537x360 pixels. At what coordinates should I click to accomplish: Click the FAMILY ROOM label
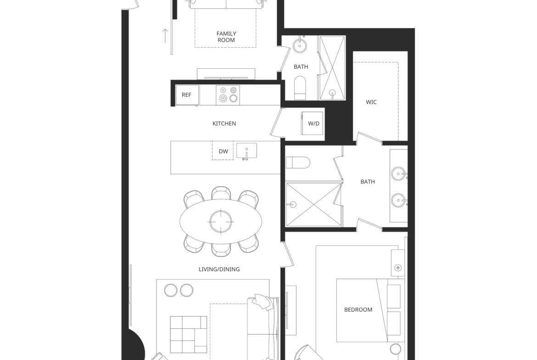[226, 37]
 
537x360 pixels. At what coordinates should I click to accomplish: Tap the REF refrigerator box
[187, 95]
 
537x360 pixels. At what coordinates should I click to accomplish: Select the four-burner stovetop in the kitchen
[228, 95]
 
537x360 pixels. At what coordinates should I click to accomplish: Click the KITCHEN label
[224, 123]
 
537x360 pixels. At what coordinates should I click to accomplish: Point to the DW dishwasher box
[223, 151]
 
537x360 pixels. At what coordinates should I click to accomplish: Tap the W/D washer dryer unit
[312, 123]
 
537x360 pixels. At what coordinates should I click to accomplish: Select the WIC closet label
[371, 102]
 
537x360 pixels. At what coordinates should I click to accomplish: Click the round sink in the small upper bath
[300, 45]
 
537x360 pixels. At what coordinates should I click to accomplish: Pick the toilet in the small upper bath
[300, 88]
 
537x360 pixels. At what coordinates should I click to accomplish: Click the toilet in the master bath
[298, 162]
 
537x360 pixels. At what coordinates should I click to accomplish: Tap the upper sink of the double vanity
[399, 174]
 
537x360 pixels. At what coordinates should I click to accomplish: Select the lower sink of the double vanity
[399, 200]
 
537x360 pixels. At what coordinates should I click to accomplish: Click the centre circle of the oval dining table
[221, 222]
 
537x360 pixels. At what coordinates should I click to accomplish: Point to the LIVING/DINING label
[219, 269]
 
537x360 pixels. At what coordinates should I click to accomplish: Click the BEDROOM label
[358, 310]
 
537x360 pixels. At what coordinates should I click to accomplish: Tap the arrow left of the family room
[165, 36]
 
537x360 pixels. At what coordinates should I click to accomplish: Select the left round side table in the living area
[171, 290]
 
